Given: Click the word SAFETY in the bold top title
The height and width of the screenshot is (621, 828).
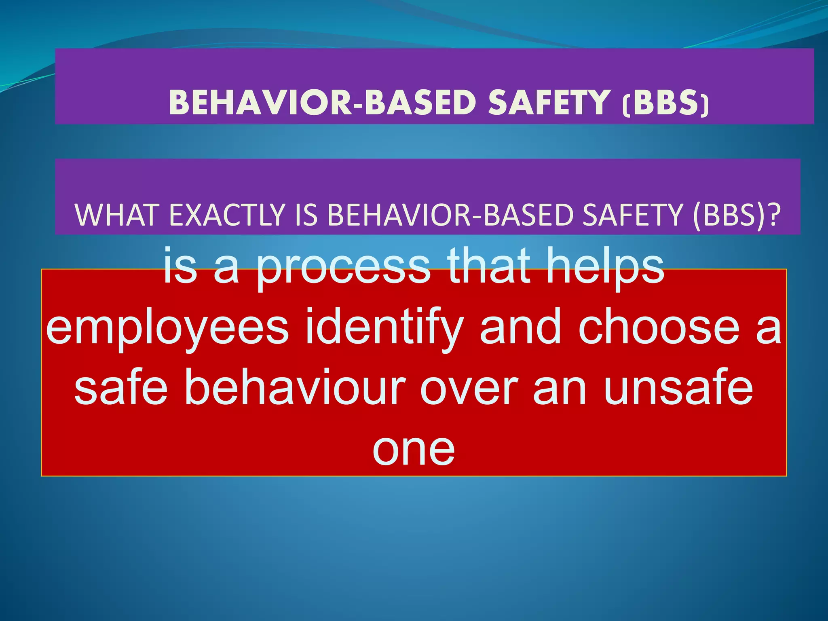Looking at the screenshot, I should pos(549,102).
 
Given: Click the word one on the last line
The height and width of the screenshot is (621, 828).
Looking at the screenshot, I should pos(414,450).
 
